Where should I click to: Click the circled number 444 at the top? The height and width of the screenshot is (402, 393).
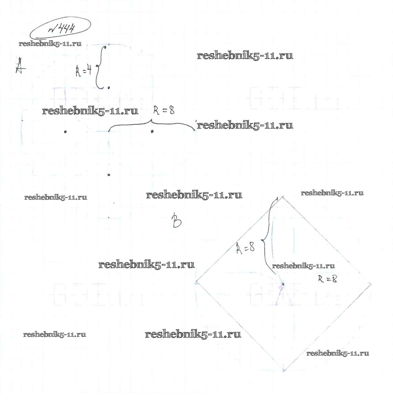(x=60, y=29)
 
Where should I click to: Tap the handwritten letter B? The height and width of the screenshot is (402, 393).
(x=176, y=220)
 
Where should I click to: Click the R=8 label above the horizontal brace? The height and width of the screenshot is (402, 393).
(x=164, y=111)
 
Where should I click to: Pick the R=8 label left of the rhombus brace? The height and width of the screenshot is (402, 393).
(x=245, y=247)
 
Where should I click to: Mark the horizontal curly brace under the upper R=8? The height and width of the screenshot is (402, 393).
(x=151, y=124)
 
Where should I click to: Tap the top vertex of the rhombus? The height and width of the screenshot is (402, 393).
(x=282, y=197)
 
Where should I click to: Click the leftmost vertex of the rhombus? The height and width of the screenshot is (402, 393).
(x=196, y=282)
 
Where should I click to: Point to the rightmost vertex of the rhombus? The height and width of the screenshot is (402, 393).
(x=370, y=284)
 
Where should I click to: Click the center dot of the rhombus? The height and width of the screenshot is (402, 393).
(x=283, y=284)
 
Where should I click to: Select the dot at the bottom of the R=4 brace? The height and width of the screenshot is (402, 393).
(x=109, y=88)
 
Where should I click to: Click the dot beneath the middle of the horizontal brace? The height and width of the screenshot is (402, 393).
(x=152, y=132)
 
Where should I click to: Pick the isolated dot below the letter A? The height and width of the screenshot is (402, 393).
(x=65, y=132)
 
